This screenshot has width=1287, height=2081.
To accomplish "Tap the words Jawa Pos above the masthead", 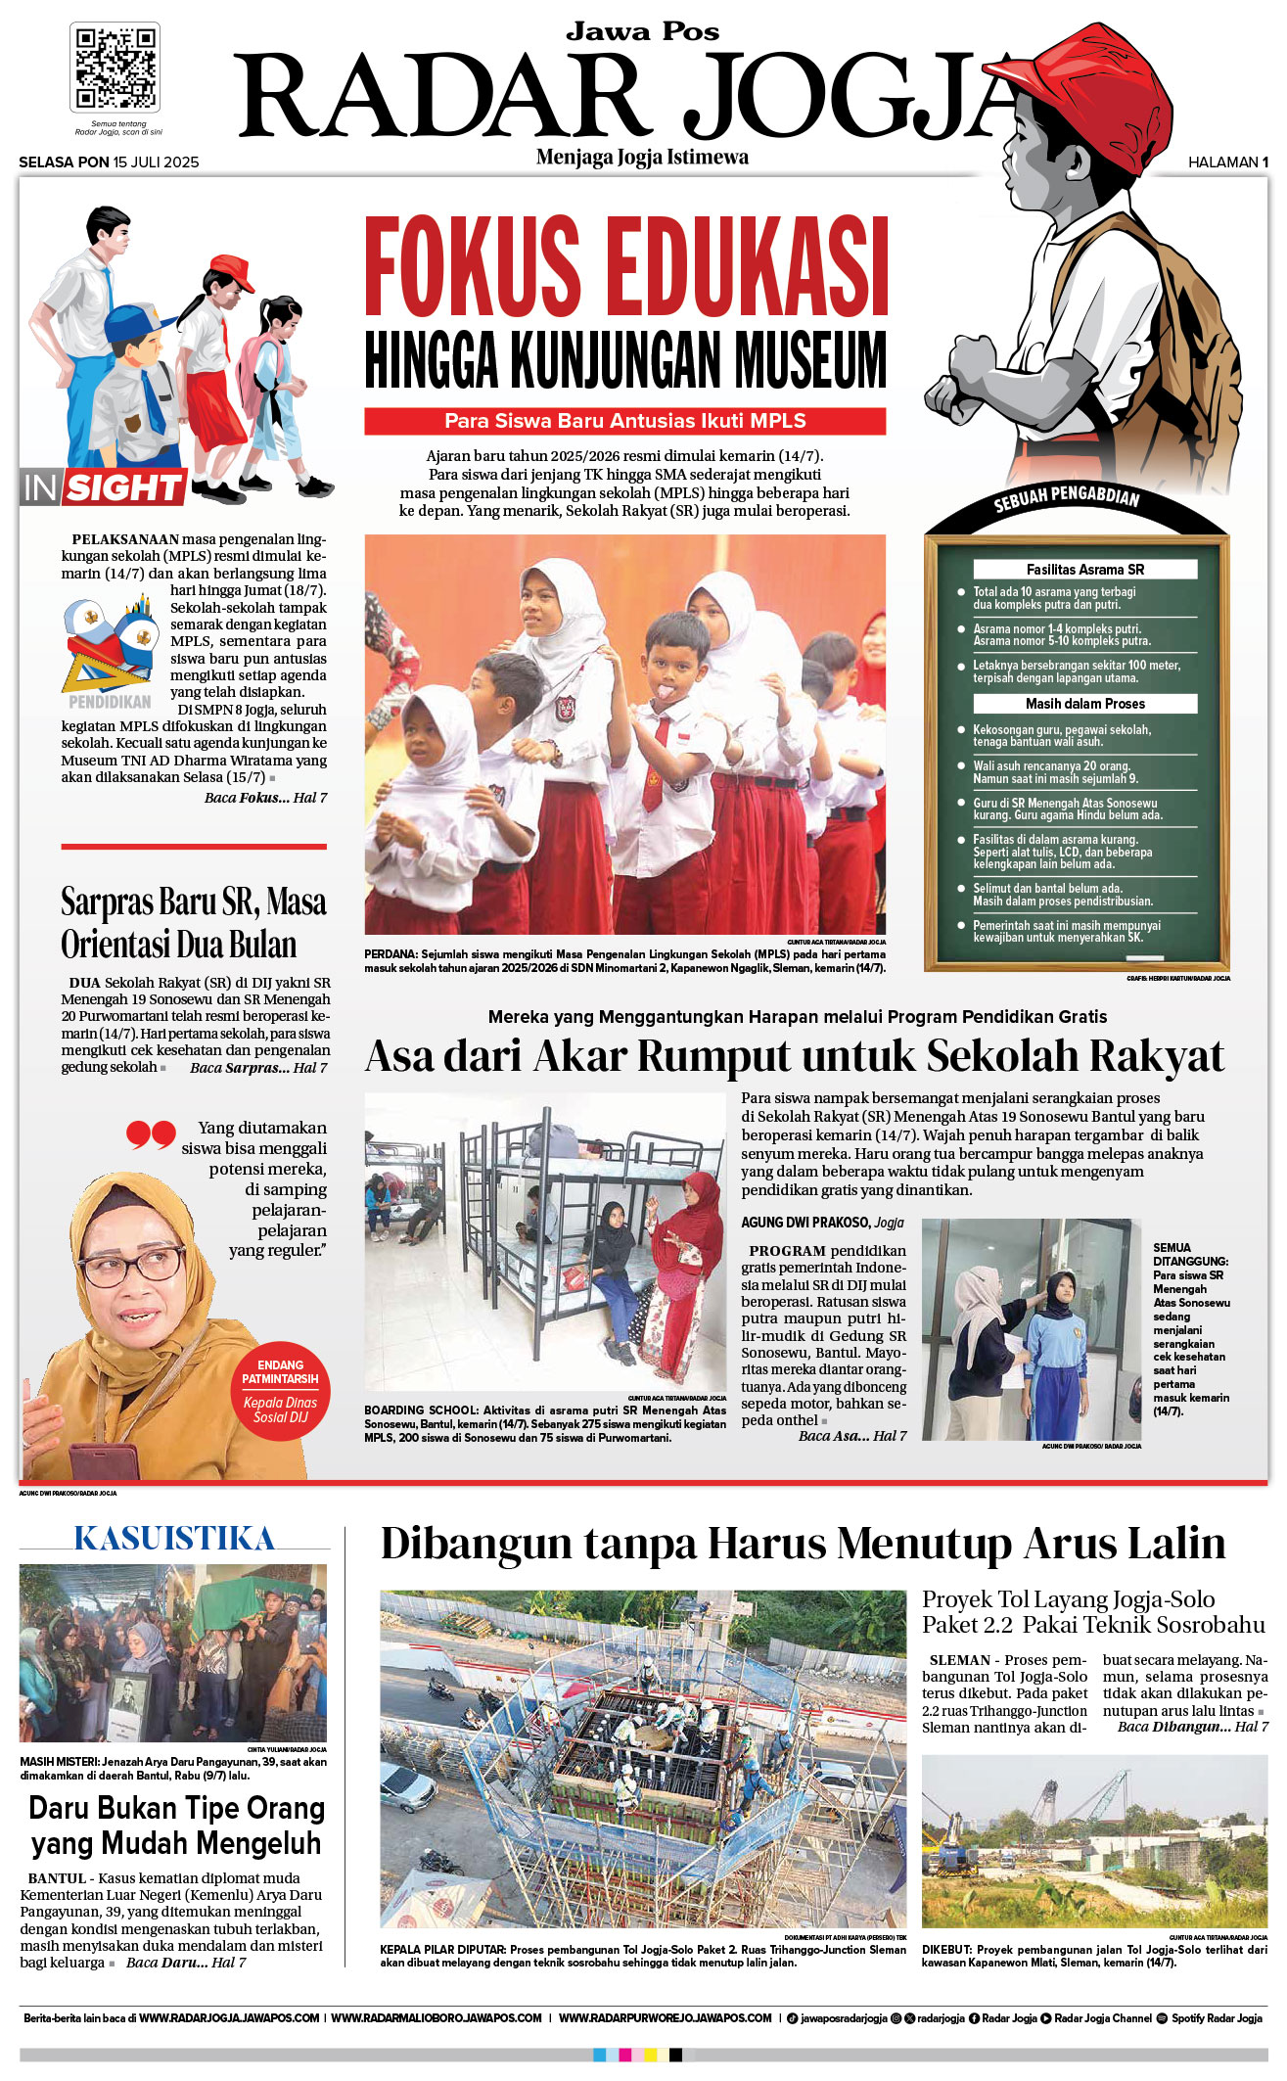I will click(642, 32).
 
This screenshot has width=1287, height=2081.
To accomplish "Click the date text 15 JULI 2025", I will click(156, 162).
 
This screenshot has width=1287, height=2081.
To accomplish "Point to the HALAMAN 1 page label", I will click(1227, 162).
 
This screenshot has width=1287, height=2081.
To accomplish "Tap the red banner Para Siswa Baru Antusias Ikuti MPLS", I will click(624, 421).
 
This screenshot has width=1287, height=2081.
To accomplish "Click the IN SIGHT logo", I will click(103, 486).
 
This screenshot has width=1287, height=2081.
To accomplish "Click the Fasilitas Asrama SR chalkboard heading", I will click(1084, 570).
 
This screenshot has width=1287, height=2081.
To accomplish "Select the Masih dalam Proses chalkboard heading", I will click(1084, 704).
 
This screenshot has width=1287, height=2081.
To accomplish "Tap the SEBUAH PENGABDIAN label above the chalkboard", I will click(1066, 498).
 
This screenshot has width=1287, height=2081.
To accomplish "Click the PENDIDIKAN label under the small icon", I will click(110, 702).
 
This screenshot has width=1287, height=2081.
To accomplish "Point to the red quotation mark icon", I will click(151, 1135).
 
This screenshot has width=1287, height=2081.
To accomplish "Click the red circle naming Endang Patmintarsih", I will click(281, 1390).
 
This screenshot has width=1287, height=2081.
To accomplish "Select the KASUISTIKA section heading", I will click(174, 1539).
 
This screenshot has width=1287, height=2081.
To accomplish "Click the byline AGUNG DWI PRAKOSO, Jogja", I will click(822, 1223).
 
